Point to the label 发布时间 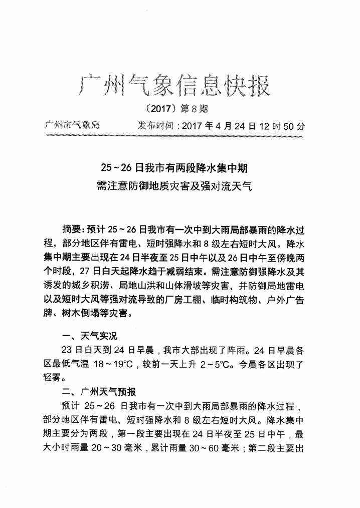(x=155, y=125)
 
